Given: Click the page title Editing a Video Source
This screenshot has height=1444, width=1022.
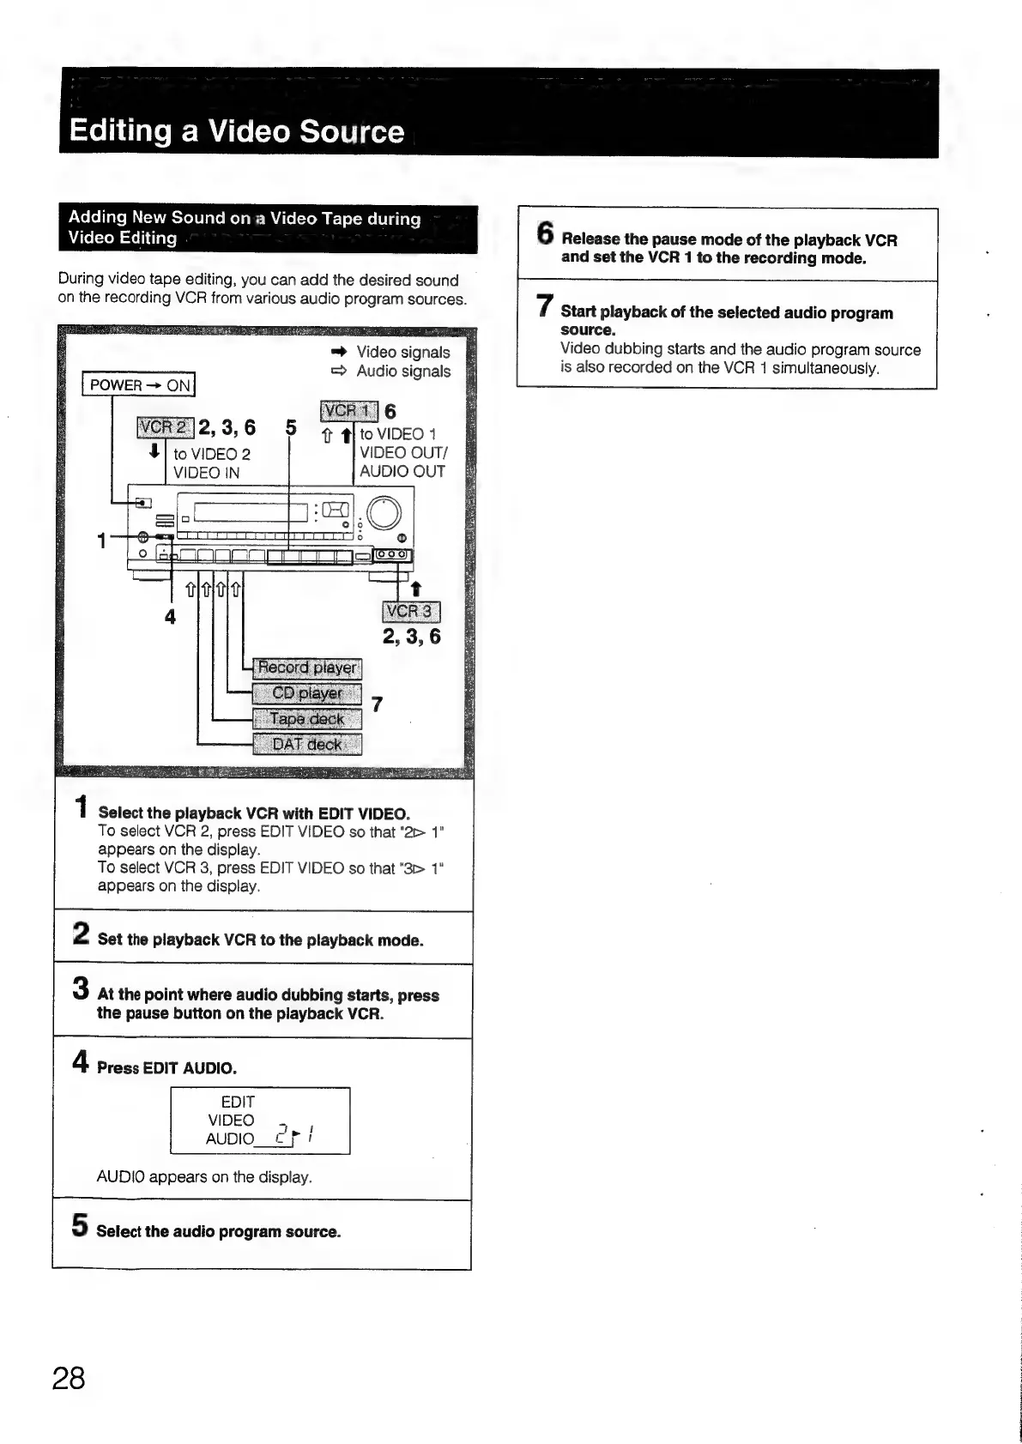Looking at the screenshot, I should pos(237,131).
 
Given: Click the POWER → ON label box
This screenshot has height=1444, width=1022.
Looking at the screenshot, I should pos(139,385).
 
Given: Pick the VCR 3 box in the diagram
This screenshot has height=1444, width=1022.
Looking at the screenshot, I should pos(410,611).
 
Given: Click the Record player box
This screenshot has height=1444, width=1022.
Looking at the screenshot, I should pos(307,668).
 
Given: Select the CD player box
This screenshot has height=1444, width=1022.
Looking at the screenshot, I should pos(307,693).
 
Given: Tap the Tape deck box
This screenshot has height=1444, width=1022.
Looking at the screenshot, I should pos(307,719).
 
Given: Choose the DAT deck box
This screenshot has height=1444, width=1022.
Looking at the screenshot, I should pos(307,744).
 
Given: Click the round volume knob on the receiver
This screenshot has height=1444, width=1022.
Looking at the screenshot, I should pos(383,513).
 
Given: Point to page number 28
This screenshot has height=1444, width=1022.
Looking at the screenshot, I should pos(69,1378).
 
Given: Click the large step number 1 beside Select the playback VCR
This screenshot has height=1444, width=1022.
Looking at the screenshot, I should pos(81,807).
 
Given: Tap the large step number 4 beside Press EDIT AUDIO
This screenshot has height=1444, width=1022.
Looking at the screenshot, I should pos(81,1063).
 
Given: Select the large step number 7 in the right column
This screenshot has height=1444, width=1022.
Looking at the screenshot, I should pos(544,306).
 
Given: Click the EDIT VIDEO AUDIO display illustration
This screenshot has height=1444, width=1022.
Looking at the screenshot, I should pos(260,1121).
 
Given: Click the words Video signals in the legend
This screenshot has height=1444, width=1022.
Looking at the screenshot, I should pos(402,352).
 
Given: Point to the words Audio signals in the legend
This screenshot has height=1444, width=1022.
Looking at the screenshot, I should pos(402,372).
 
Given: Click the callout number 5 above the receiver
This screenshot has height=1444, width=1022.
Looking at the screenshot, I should pos(291,427).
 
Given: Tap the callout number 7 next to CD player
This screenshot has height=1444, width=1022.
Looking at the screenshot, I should pos(377,704).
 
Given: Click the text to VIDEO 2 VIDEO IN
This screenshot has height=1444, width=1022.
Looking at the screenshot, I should pos(211,463).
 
